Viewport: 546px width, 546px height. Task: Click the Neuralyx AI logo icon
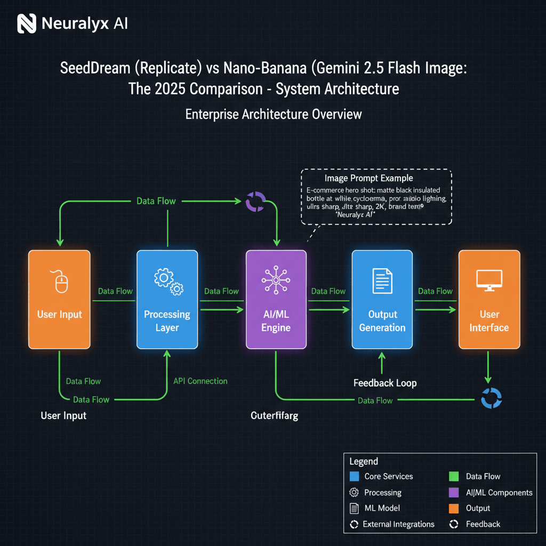(x=27, y=23)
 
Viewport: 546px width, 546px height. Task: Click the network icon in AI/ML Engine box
(x=276, y=280)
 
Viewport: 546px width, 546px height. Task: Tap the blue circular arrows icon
(x=491, y=398)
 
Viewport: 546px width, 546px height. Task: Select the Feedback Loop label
(x=385, y=383)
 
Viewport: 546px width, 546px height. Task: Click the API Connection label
(x=200, y=381)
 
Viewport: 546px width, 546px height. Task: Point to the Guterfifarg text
(x=274, y=415)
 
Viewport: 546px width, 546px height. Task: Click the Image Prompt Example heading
(x=368, y=178)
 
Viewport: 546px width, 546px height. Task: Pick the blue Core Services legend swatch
(x=354, y=476)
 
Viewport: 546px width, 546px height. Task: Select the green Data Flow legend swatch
(x=454, y=476)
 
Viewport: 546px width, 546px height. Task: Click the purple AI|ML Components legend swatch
(x=454, y=492)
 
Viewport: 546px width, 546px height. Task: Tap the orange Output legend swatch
(x=454, y=508)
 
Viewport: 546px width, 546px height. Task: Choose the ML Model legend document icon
(x=354, y=508)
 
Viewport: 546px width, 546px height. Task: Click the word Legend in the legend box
(x=364, y=461)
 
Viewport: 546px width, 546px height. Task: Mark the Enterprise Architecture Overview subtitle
(x=273, y=114)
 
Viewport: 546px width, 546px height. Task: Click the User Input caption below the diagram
(x=63, y=415)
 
